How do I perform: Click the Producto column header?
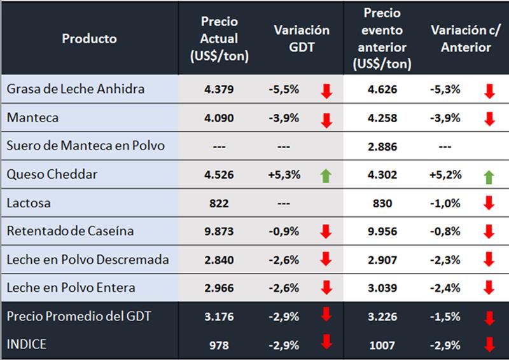coord(89,38)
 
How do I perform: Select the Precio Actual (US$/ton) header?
coord(219,38)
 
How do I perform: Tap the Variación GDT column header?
coord(302,38)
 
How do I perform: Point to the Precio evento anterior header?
coord(383,38)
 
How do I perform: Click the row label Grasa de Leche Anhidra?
coord(75,89)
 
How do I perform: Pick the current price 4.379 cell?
coord(219,90)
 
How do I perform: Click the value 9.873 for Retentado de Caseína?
coord(219,231)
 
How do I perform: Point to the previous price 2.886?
coord(383,146)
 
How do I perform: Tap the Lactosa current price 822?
coord(219,203)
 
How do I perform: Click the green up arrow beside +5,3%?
coord(326,174)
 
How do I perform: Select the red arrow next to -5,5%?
coord(326,91)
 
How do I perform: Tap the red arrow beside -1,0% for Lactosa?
coord(489,204)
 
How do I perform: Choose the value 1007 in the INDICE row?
coord(383,345)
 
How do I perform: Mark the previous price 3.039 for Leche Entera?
coord(383,288)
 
